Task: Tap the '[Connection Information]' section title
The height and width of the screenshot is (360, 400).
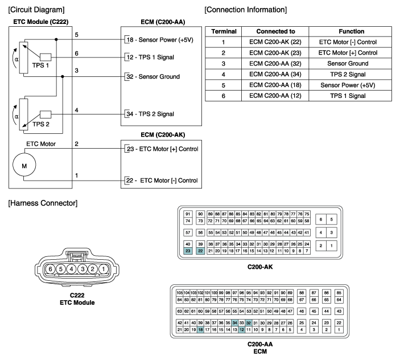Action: pyautogui.click(x=245, y=10)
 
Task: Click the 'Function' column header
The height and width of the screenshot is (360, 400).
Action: pyautogui.click(x=350, y=31)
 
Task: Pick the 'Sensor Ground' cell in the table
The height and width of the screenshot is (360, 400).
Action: pyautogui.click(x=350, y=64)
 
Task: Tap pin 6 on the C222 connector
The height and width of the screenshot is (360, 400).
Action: pyautogui.click(x=51, y=268)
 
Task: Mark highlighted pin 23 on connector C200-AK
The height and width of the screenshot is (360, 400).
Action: pyautogui.click(x=188, y=251)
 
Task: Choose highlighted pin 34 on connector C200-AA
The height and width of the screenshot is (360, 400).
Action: pyautogui.click(x=235, y=322)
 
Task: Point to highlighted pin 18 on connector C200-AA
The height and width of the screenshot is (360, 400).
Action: pyautogui.click(x=200, y=330)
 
